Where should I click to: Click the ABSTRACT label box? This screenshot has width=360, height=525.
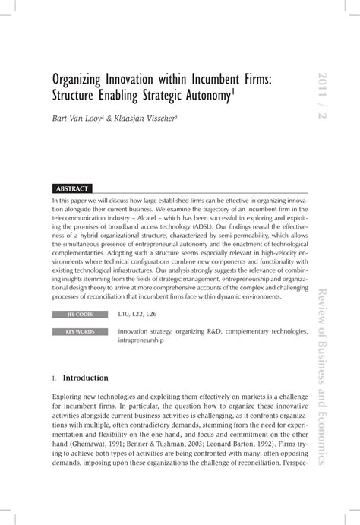click(x=74, y=188)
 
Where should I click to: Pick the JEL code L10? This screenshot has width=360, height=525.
click(x=125, y=314)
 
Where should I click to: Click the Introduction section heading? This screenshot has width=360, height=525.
click(x=85, y=378)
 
